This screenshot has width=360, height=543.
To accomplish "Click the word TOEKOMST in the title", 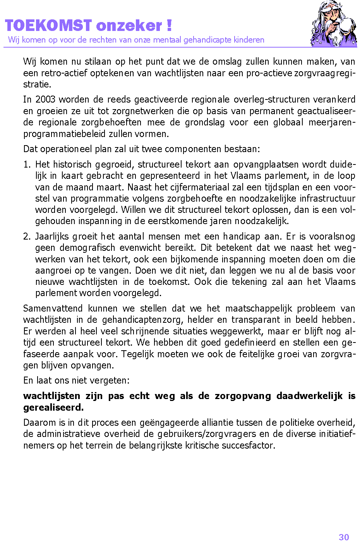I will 48,26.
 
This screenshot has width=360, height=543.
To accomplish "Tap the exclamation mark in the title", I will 169,26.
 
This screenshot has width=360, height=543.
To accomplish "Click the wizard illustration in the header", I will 334,24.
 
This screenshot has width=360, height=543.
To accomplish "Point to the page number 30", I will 344,537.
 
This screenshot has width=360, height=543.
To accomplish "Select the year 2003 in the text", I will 45,99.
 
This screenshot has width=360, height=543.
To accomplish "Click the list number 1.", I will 26,164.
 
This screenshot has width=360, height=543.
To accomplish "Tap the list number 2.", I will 26,236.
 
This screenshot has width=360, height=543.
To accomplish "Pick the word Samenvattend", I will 53,308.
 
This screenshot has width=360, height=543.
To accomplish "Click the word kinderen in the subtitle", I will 249,40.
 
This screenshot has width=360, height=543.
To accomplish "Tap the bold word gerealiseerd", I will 53,408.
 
